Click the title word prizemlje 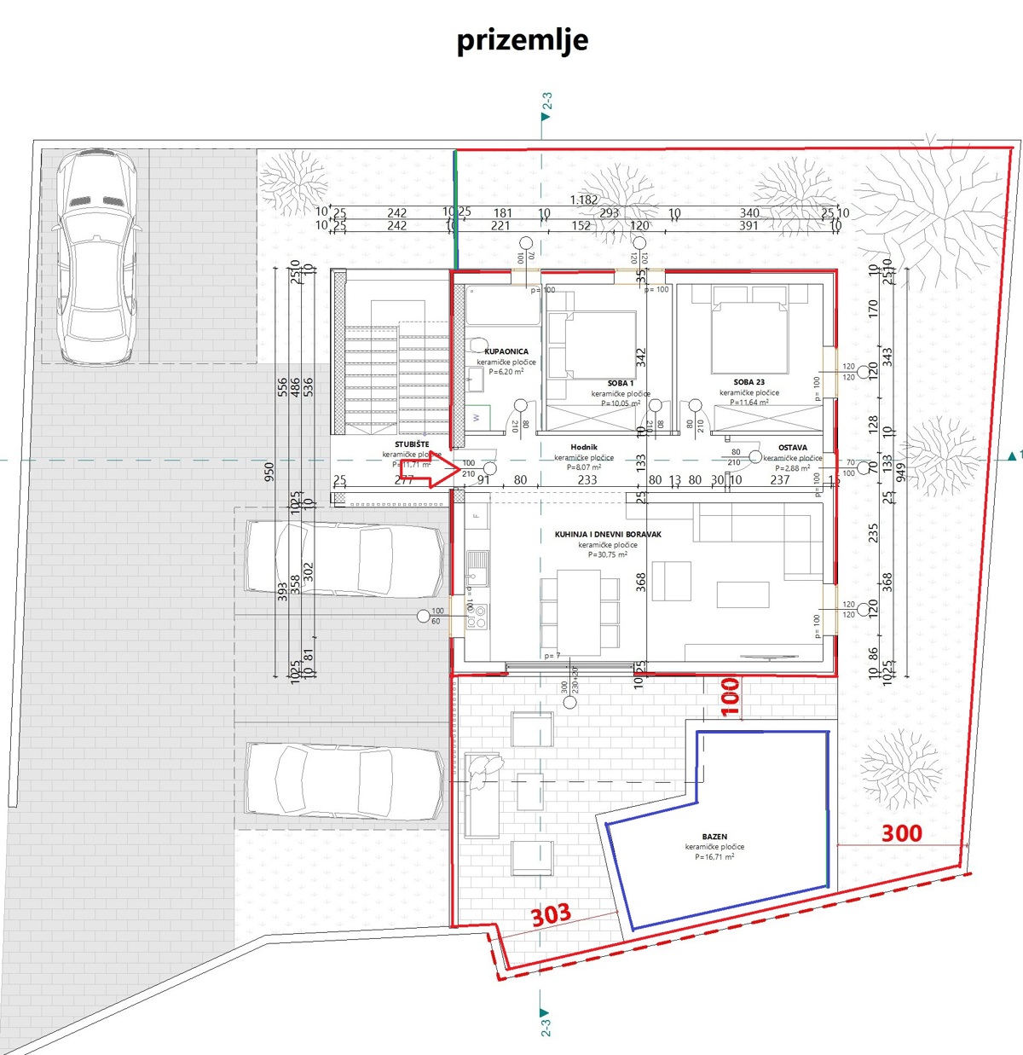coord(522,40)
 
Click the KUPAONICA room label coord(506,351)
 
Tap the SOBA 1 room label coord(621,384)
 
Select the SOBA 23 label coord(748,383)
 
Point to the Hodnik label coord(584,447)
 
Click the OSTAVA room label coord(792,448)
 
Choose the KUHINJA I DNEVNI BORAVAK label coord(608,535)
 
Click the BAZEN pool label coord(714,837)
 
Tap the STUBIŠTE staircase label coord(412,445)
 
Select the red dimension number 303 coord(551,915)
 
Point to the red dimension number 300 coord(901,833)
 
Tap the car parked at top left coord(94,256)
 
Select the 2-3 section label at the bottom coord(546,1021)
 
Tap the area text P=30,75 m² coord(607,554)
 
